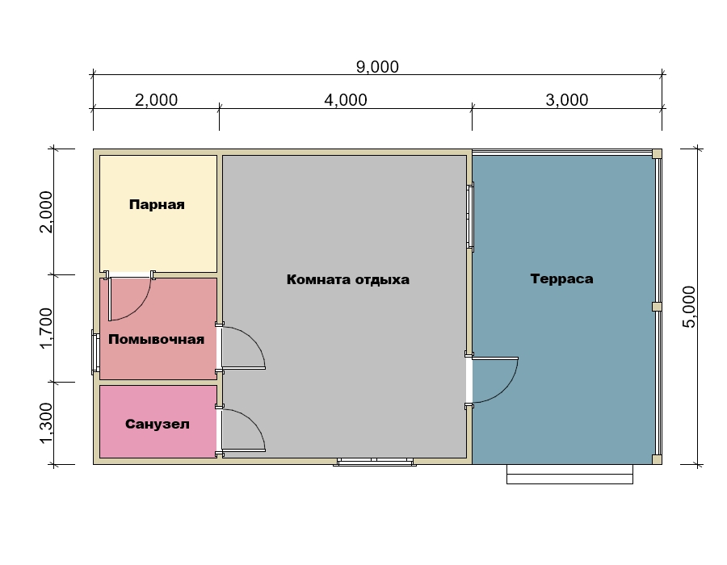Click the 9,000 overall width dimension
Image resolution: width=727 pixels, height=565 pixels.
(x=377, y=67)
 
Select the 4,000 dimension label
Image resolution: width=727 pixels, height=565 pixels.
(x=346, y=100)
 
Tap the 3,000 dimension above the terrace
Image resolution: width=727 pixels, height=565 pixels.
(x=566, y=100)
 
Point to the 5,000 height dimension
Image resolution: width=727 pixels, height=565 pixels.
(x=690, y=307)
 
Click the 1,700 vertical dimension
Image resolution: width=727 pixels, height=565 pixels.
(x=46, y=328)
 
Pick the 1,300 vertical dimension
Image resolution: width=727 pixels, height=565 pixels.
(x=46, y=423)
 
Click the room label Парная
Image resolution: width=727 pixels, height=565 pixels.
(x=157, y=204)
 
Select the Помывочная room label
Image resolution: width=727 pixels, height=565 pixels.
(x=156, y=340)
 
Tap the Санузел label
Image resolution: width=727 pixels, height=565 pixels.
(x=158, y=425)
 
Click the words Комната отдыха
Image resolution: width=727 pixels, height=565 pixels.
(x=347, y=280)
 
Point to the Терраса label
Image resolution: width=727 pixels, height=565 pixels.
(x=561, y=278)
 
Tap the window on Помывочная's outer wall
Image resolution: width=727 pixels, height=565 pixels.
(x=95, y=352)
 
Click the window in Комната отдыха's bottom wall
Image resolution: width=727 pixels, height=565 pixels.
(x=375, y=461)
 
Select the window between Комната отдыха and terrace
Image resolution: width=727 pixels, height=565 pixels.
(x=470, y=217)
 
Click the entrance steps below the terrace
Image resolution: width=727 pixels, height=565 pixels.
(x=569, y=475)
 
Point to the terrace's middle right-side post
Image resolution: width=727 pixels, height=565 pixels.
(x=657, y=307)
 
